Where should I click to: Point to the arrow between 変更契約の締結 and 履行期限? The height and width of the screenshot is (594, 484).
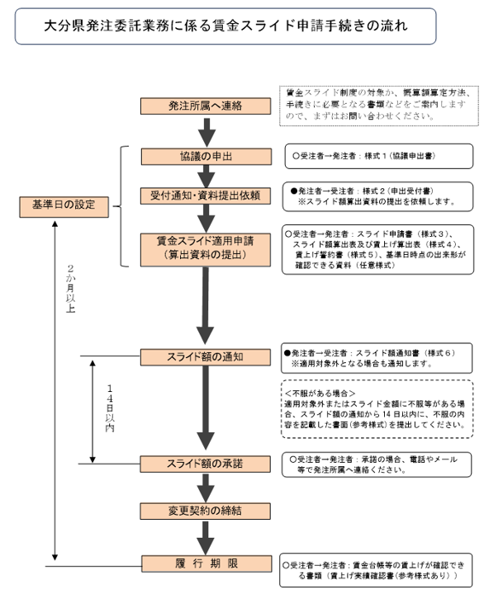[205, 536]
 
